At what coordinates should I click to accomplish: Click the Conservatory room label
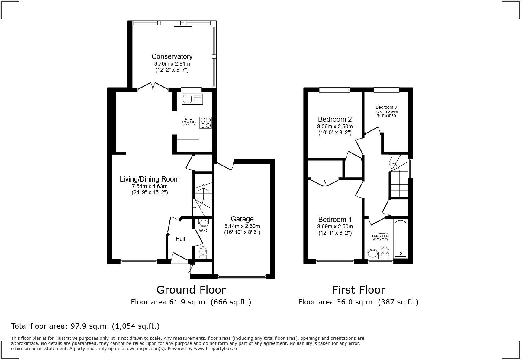172,56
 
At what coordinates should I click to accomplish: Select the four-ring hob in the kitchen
205,123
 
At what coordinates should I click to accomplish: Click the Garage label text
242,219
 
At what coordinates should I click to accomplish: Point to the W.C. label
203,231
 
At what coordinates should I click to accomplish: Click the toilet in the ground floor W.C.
203,252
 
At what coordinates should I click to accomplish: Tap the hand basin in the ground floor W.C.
204,223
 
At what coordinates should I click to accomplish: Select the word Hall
180,239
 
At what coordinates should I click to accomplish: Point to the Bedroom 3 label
386,107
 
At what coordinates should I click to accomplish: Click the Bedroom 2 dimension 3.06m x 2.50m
335,127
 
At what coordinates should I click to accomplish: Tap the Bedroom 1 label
335,220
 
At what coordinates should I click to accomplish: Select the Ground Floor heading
191,290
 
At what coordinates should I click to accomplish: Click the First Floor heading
358,290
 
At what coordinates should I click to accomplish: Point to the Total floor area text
85,326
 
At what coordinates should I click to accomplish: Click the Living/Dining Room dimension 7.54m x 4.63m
150,186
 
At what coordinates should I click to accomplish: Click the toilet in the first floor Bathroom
385,252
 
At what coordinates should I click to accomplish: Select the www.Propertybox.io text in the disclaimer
215,349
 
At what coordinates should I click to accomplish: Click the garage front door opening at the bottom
242,277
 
